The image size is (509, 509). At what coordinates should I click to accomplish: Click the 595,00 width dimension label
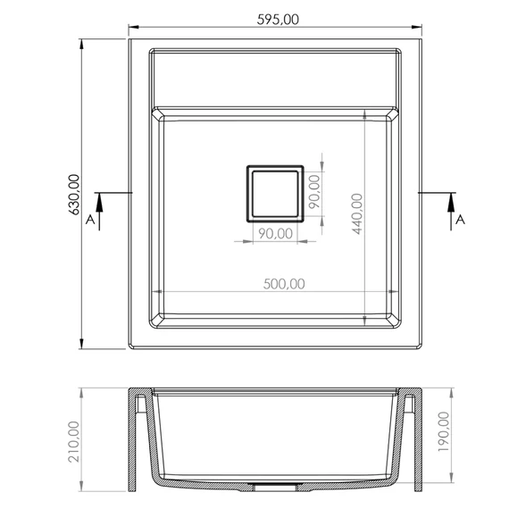coord(278,20)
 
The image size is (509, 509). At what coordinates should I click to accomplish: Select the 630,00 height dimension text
coord(74,195)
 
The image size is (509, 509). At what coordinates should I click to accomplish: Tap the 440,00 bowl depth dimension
coord(357,213)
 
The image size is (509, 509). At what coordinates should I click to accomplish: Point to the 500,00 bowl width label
coord(284,284)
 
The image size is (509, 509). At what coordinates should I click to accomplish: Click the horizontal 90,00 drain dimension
coord(276,233)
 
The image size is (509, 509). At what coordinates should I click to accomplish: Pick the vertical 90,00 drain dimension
coord(314,191)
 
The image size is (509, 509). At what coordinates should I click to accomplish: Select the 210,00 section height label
coord(74,441)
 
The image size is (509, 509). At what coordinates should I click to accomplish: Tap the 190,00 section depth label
coord(444,431)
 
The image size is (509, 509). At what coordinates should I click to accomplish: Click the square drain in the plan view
coord(275,194)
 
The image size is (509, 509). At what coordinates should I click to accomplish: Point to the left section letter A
coord(90,220)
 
